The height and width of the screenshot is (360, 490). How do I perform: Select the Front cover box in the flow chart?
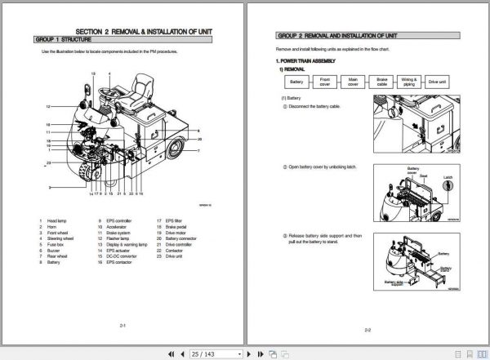324,82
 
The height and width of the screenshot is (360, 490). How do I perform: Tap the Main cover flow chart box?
353,82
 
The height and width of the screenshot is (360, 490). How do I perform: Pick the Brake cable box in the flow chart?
381,82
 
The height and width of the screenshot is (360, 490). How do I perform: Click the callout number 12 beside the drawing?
49,107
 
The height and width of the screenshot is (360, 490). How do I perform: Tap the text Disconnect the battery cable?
314,107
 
